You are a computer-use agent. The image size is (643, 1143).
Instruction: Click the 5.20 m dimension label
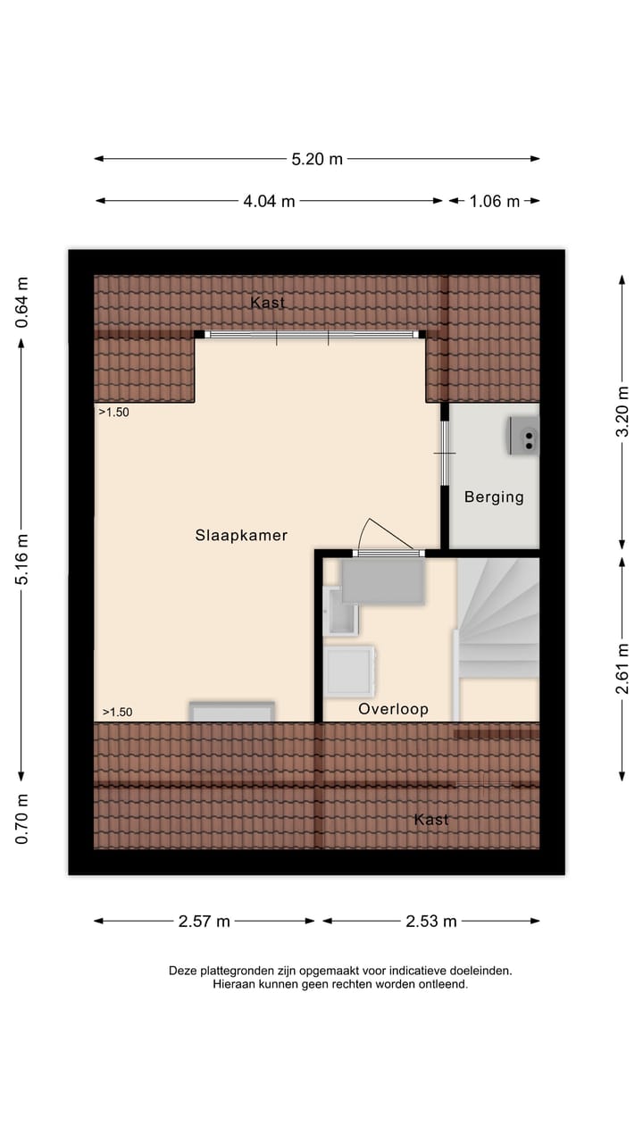[x=317, y=159]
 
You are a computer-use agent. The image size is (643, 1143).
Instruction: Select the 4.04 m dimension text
[x=269, y=201]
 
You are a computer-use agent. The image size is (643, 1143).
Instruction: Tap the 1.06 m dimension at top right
[x=494, y=201]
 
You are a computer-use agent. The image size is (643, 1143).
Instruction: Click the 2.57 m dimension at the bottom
[x=205, y=922]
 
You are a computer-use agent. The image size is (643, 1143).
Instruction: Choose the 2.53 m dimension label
[x=431, y=922]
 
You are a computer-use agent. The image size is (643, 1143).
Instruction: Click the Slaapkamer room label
[x=241, y=536]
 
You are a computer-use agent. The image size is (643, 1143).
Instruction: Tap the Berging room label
[x=494, y=497]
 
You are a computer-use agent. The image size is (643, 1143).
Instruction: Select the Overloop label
[x=393, y=709]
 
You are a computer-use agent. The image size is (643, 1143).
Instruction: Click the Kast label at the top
[x=268, y=303]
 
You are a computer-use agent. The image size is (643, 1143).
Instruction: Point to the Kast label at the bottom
[x=431, y=819]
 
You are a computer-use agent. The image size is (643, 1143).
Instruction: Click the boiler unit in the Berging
[x=524, y=436]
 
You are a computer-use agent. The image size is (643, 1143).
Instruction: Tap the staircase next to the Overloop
[x=498, y=625]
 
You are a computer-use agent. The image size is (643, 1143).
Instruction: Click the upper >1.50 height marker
[x=114, y=413]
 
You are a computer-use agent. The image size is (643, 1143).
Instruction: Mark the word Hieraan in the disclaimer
[x=235, y=984]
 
